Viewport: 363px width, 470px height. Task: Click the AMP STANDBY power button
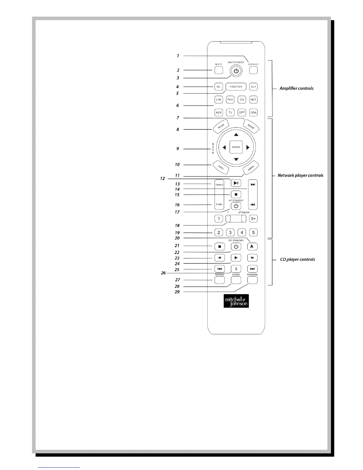click(236, 71)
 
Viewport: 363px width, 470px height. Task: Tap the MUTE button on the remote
click(219, 70)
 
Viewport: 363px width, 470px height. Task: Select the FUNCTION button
click(236, 87)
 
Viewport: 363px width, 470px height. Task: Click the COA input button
click(253, 112)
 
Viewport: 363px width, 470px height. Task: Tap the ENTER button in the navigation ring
click(236, 147)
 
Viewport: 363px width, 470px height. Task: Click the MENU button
click(251, 168)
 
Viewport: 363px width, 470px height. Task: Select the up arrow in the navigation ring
click(236, 135)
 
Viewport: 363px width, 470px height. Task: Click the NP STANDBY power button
click(236, 206)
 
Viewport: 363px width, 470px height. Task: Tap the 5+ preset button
click(253, 219)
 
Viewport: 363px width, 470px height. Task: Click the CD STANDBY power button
click(236, 247)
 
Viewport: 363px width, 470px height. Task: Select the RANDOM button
click(252, 280)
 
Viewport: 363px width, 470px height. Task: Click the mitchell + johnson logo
click(236, 301)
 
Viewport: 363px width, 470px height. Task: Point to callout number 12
click(162, 179)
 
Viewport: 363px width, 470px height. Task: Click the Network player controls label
click(300, 175)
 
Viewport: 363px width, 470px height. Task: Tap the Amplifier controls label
click(296, 88)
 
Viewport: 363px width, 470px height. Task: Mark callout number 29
click(177, 292)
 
